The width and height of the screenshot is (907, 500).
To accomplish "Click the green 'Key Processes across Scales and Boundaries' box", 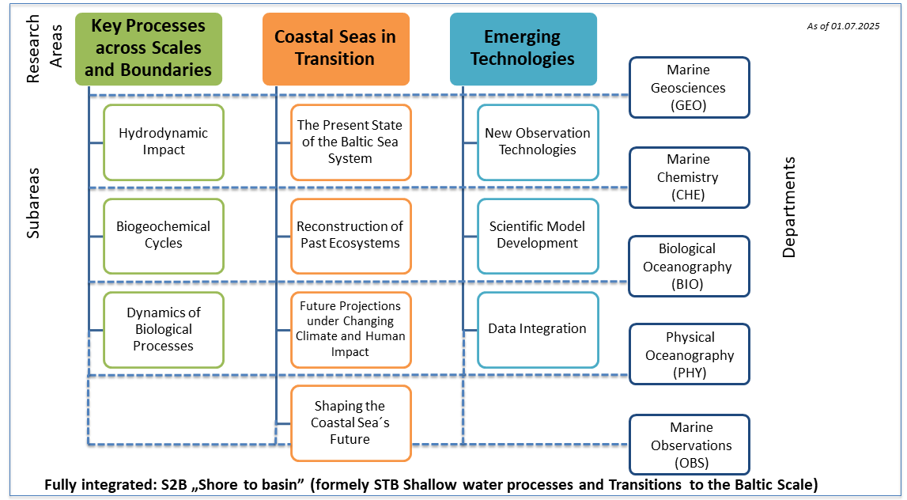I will [149, 48].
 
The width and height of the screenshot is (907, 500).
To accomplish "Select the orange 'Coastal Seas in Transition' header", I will [335, 48].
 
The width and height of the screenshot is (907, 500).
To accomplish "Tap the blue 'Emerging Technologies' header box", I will [523, 48].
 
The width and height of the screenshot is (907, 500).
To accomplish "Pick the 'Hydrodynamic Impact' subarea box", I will [164, 142].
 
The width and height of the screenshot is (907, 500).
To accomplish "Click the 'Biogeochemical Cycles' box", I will [164, 235].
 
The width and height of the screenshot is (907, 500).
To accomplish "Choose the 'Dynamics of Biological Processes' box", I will [164, 329].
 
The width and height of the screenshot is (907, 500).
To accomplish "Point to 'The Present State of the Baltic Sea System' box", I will [350, 142].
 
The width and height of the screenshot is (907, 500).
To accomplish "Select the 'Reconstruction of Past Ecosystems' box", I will [350, 235].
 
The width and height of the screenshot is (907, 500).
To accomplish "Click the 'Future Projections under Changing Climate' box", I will [350, 329].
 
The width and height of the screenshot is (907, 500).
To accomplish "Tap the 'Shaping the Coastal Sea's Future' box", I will [350, 422].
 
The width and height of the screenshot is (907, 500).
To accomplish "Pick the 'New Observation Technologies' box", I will [538, 142].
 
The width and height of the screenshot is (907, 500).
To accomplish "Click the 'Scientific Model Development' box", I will [538, 235].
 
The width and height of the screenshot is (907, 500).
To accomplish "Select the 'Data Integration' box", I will [538, 329].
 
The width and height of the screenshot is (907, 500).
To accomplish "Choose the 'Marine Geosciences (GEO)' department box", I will [689, 87].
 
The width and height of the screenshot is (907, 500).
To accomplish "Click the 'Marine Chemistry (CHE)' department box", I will [689, 177].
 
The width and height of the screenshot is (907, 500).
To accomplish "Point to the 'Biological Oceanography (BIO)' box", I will [689, 267].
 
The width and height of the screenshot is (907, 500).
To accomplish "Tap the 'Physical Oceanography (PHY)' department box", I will [689, 354].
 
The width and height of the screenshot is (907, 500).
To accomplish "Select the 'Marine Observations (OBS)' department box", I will [689, 445].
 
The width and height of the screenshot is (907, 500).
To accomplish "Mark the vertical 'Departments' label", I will [789, 207].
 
